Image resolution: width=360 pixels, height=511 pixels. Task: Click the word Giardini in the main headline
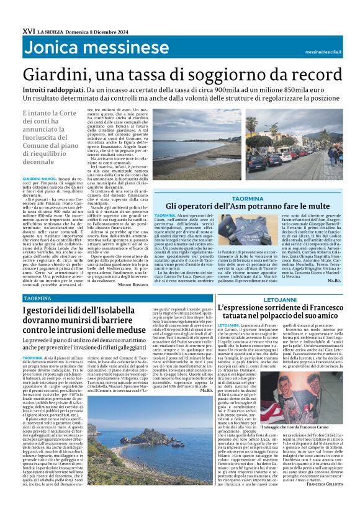click(x=56, y=75)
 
